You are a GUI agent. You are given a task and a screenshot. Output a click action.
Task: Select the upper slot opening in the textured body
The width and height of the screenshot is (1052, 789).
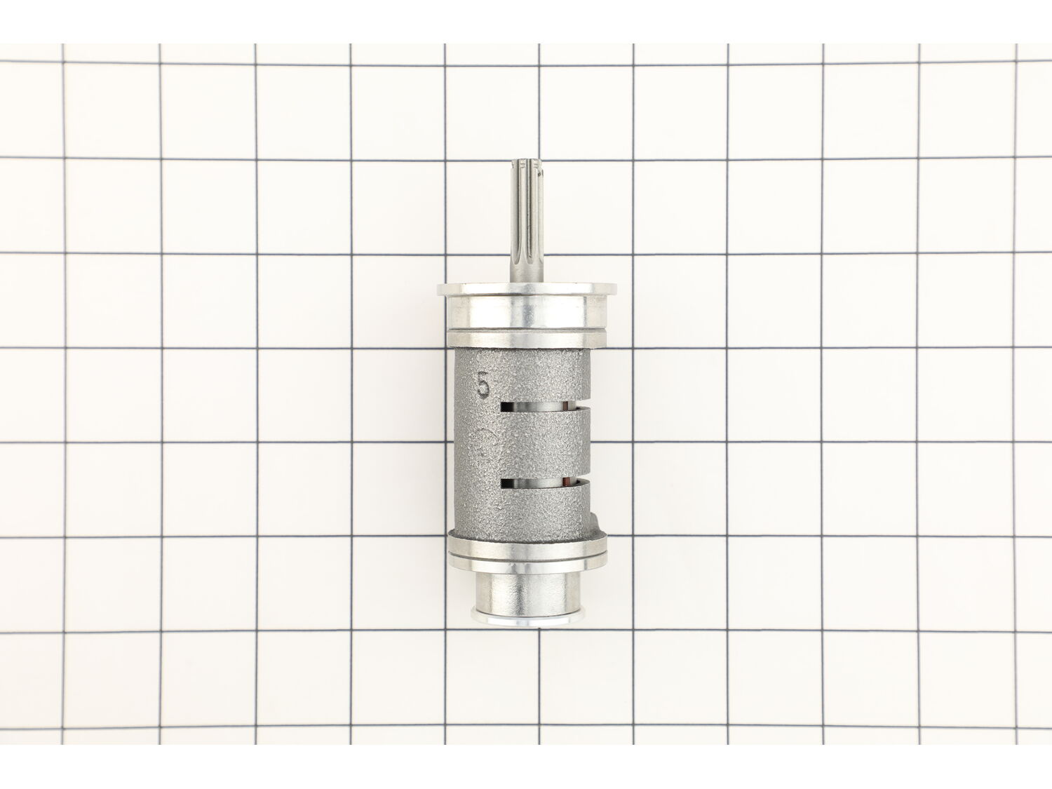[x=541, y=407]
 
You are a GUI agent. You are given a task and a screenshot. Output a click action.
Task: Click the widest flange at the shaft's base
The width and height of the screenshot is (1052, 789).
[x=527, y=289]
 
